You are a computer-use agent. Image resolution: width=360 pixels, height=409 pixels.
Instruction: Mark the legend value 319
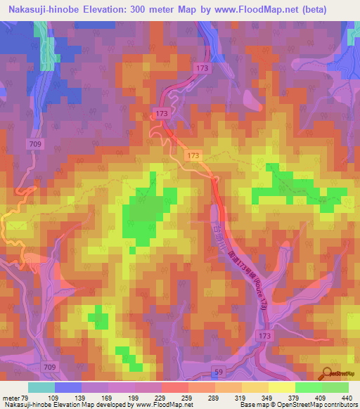[230, 398]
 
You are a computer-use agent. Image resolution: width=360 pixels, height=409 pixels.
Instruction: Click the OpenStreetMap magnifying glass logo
[325, 372]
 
